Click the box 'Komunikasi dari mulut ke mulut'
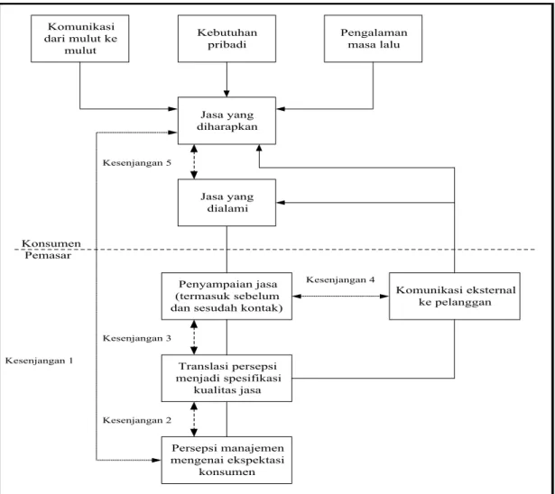[x=80, y=39]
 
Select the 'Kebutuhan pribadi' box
[x=227, y=39]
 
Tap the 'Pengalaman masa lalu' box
[x=373, y=39]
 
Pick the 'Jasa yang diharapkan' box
[x=227, y=121]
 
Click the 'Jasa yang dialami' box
[x=227, y=203]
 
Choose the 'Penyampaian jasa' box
[x=227, y=297]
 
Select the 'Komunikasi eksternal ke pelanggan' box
[x=455, y=297]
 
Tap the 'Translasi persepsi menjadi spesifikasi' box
[x=227, y=379]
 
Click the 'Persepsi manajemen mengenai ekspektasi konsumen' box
[x=227, y=460]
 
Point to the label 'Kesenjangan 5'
[x=137, y=163]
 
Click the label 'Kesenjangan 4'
[x=340, y=280]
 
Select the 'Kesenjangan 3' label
[x=137, y=338]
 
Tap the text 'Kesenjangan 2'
[x=137, y=420]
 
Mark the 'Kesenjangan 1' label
[x=40, y=361]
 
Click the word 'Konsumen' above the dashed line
[x=51, y=243]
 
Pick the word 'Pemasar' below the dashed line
[x=48, y=255]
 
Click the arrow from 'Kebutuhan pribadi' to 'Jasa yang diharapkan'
[x=227, y=79]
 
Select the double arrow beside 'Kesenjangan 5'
[x=194, y=162]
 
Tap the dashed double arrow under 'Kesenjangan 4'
[x=340, y=297]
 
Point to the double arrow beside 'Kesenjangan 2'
[x=194, y=419]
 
